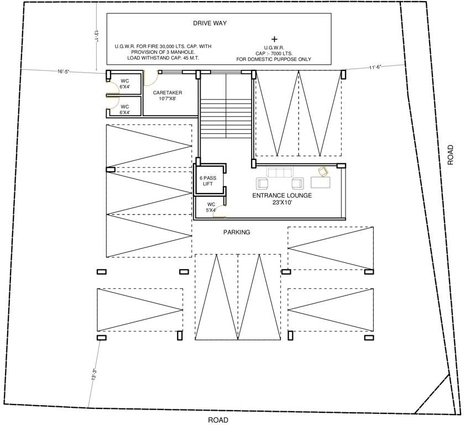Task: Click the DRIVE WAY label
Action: tap(210, 23)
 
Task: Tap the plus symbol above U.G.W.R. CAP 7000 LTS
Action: tap(274, 39)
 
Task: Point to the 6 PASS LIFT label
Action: tap(207, 181)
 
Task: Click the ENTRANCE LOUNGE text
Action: tap(282, 196)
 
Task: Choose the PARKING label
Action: tap(237, 232)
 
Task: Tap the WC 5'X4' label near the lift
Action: tap(211, 208)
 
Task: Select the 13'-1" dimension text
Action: tap(96, 37)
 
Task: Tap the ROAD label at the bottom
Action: tap(218, 419)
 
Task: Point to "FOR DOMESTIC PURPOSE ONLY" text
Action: tap(274, 59)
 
